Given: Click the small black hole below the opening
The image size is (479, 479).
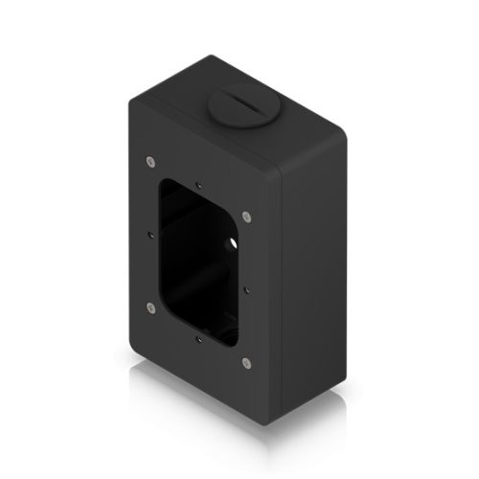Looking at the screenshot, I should pos(197,338).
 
